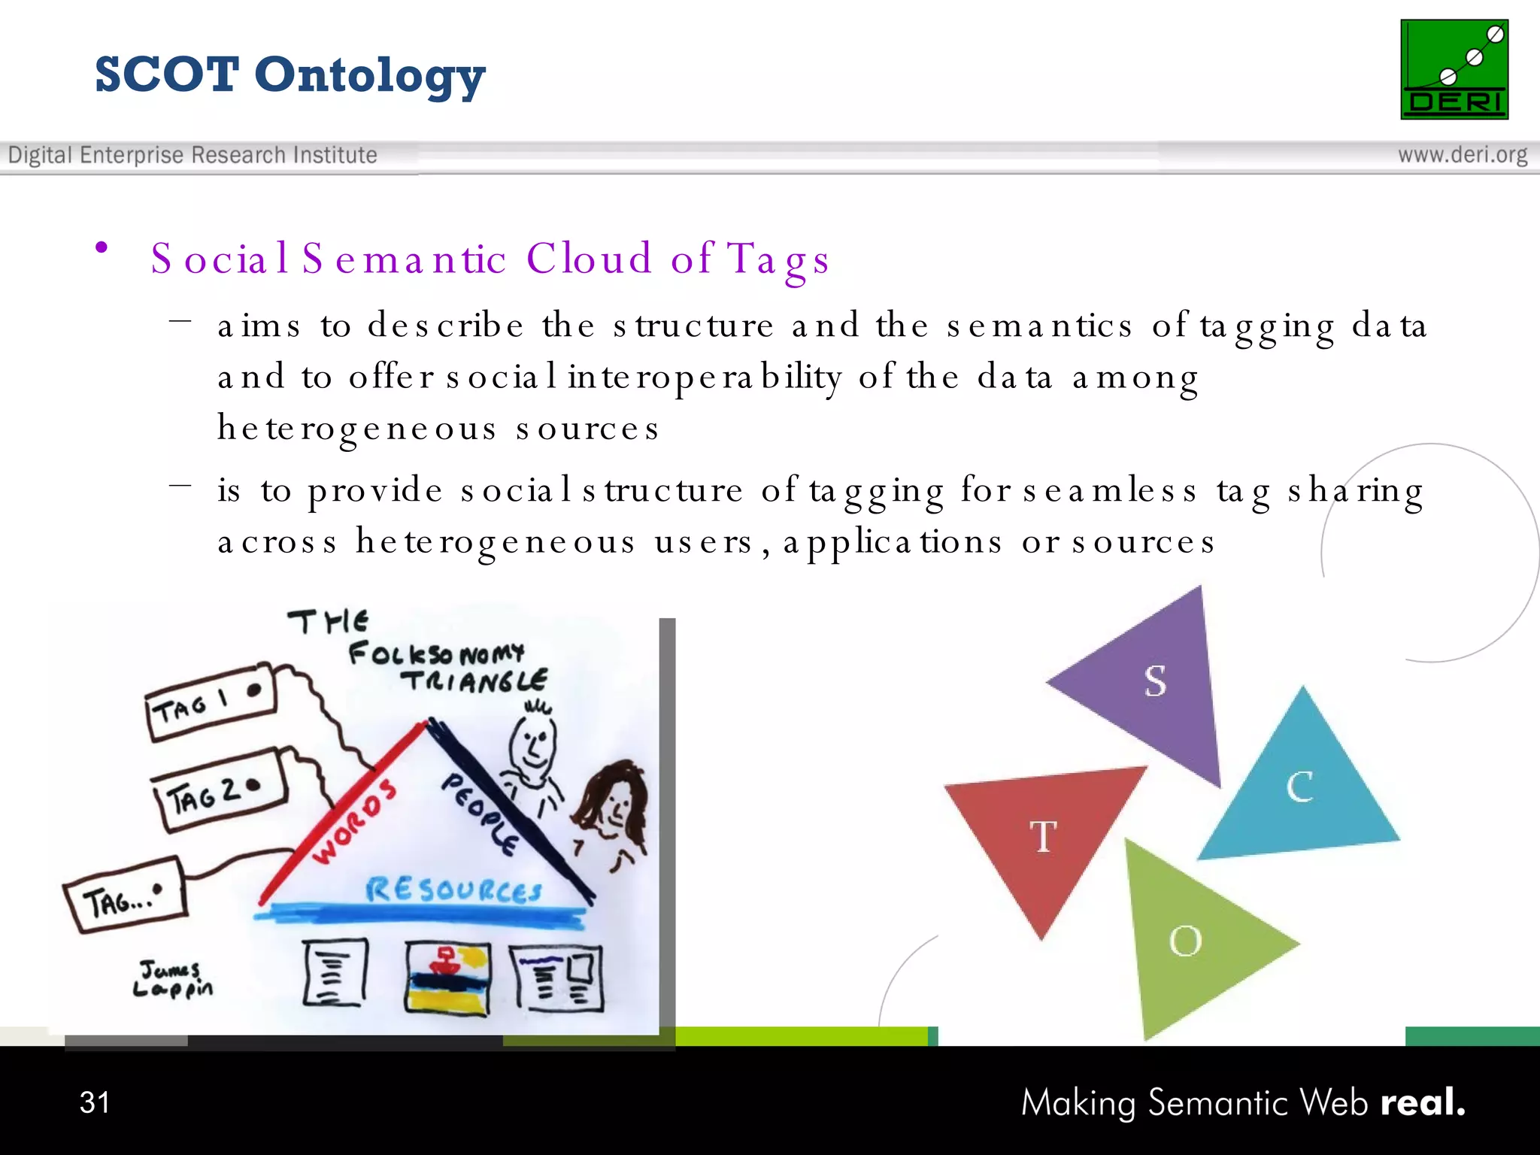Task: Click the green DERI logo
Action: coord(1454,69)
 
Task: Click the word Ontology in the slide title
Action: coord(369,76)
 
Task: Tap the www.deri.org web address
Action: coord(1462,155)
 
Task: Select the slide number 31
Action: coord(95,1102)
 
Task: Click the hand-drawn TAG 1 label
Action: coord(211,702)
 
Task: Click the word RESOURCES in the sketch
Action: coord(453,890)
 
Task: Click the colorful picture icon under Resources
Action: coord(447,978)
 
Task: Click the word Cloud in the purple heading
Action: coord(589,259)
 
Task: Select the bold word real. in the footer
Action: coord(1423,1102)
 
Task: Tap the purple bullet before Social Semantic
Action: coord(102,248)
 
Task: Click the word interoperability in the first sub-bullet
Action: coord(705,377)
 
